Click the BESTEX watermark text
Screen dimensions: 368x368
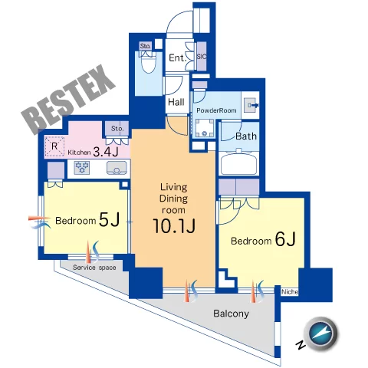tap(69, 99)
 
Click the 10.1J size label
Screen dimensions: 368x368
tap(174, 226)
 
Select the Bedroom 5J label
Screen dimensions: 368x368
tap(87, 220)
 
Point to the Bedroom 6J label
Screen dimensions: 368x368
tap(263, 239)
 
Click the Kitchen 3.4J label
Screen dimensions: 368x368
tap(93, 152)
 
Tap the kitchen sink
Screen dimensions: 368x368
tap(117, 168)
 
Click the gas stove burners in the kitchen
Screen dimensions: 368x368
tap(82, 168)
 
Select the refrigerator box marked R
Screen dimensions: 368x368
tap(54, 146)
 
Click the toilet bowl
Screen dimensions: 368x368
tap(149, 64)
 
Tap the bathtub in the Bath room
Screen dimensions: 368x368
tap(239, 163)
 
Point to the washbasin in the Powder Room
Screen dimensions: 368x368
tap(250, 105)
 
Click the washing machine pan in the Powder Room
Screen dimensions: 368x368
tap(205, 128)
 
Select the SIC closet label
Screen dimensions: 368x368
tap(202, 57)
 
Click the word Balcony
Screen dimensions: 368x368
tap(231, 314)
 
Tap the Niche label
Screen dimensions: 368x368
tap(290, 292)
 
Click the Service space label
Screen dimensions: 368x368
tap(94, 268)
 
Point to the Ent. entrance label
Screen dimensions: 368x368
tap(176, 58)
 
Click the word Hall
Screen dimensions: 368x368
tap(176, 102)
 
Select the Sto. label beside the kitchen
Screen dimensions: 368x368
tap(117, 129)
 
